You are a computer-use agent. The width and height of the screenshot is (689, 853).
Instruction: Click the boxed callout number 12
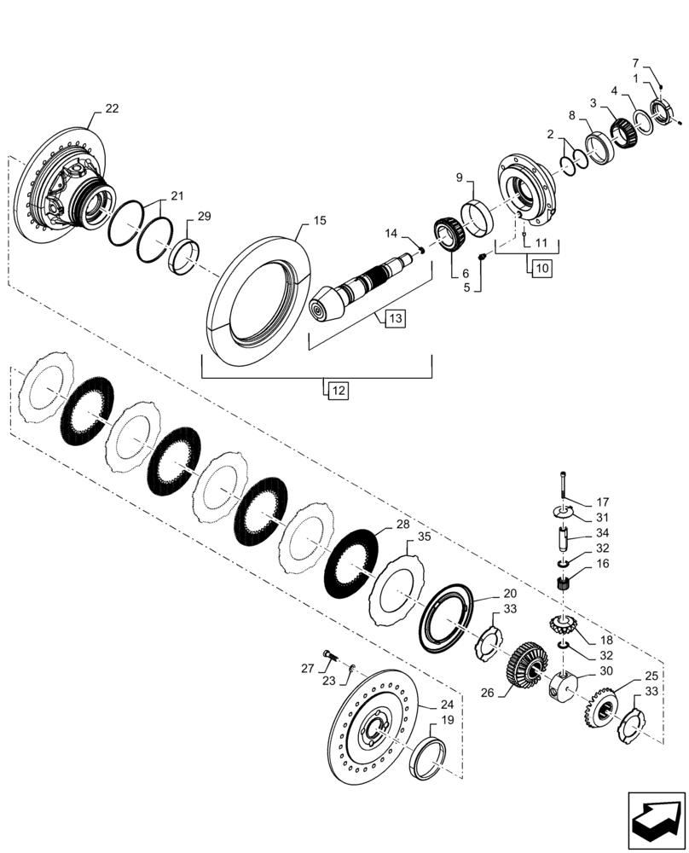(x=337, y=391)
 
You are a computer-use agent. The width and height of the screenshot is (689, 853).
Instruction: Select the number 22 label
(x=112, y=108)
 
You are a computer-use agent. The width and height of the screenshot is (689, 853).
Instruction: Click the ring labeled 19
(x=429, y=758)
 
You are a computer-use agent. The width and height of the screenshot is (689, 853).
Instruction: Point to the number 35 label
(x=423, y=538)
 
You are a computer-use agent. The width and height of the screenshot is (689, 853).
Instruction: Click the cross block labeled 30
(x=564, y=683)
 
